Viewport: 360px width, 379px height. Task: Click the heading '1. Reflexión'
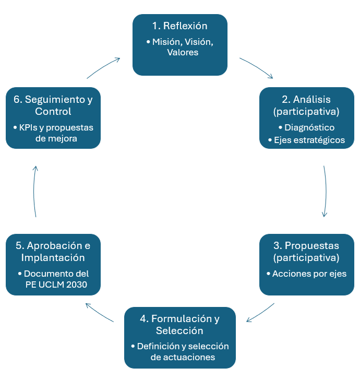pyautogui.click(x=180, y=26)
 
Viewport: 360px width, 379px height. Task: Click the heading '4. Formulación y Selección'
pyautogui.click(x=180, y=324)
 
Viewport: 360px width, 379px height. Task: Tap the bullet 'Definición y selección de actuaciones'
pyautogui.click(x=183, y=352)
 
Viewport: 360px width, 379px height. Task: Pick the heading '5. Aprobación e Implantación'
pyautogui.click(x=53, y=252)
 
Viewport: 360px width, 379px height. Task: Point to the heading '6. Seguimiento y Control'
pyautogui.click(x=53, y=105)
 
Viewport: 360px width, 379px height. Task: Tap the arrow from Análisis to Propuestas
pyautogui.click(x=326, y=192)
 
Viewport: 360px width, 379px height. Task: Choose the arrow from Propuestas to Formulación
pyautogui.click(x=260, y=312)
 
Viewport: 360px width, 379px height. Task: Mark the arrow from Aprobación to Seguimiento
pyautogui.click(x=34, y=192)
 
